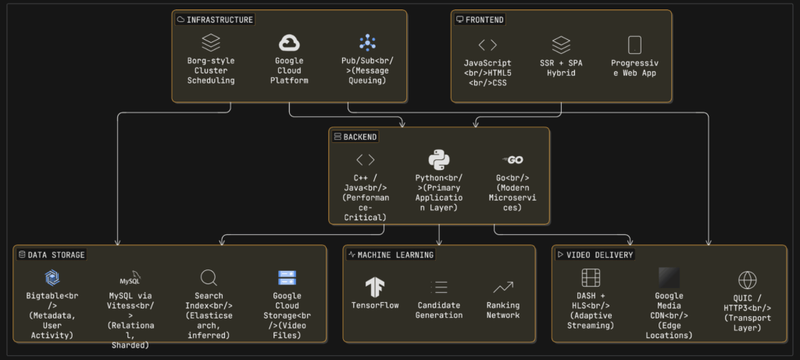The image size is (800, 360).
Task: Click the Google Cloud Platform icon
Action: pyautogui.click(x=290, y=43)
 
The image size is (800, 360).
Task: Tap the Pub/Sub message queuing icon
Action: pyautogui.click(x=368, y=43)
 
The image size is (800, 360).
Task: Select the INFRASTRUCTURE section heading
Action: pyautogui.click(x=220, y=20)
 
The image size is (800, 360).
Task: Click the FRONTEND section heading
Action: pyautogui.click(x=484, y=20)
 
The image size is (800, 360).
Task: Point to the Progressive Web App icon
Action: pyautogui.click(x=634, y=45)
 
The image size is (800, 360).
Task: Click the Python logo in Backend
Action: pyautogui.click(x=439, y=160)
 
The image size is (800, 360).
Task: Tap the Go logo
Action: pyautogui.click(x=514, y=160)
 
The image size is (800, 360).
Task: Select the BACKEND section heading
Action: pyautogui.click(x=360, y=137)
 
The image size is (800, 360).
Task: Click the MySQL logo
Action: pyautogui.click(x=130, y=278)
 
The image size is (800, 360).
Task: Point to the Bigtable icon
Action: pyautogui.click(x=52, y=278)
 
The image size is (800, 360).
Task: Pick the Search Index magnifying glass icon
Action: pyautogui.click(x=209, y=278)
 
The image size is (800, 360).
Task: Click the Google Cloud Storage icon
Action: pyautogui.click(x=287, y=278)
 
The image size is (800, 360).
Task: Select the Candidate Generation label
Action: pyautogui.click(x=439, y=310)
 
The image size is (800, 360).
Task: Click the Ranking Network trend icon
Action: pyautogui.click(x=503, y=287)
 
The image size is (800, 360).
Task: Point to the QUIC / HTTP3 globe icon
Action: pyautogui.click(x=748, y=280)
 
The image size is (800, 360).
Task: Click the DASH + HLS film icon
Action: pyautogui.click(x=590, y=278)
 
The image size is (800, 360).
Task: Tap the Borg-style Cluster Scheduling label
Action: pyautogui.click(x=211, y=70)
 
